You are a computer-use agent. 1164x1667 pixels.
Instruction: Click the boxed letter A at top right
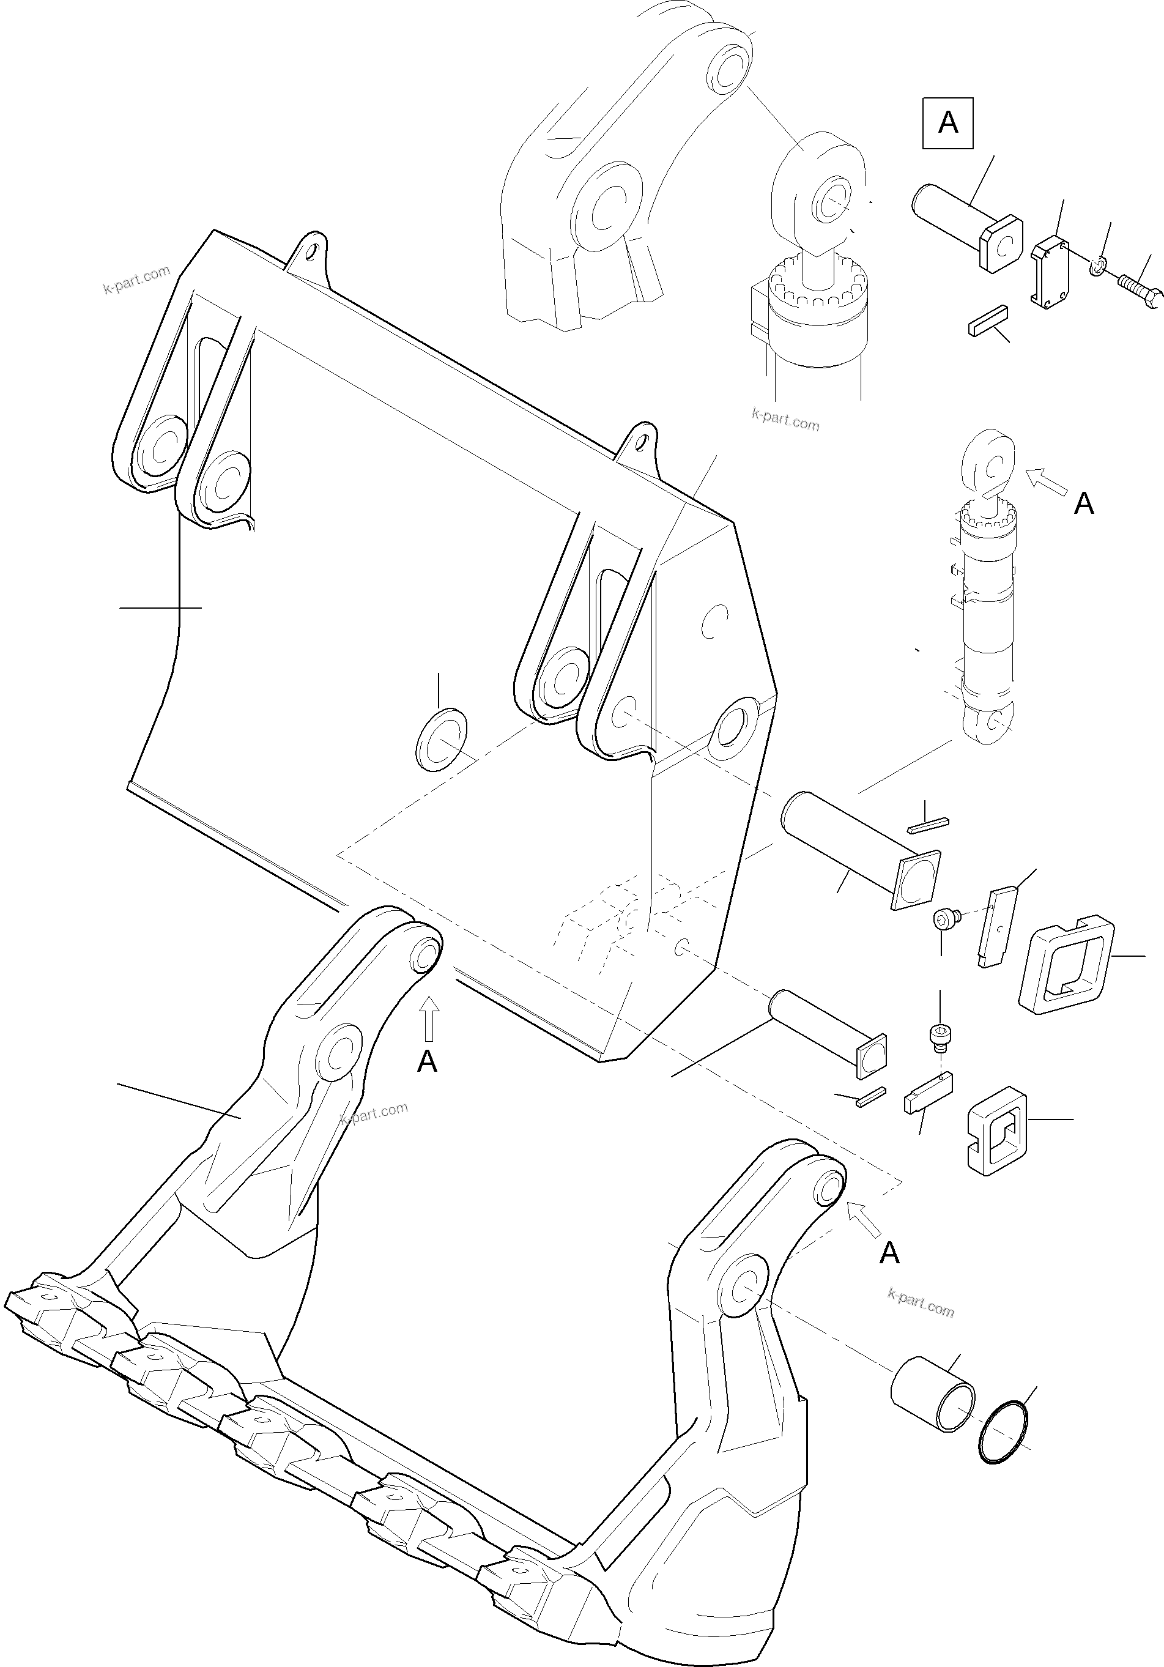tap(947, 124)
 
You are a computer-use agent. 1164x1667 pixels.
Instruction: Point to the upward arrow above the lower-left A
tap(429, 1018)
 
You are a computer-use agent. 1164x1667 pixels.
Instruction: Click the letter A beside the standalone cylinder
tap(1083, 503)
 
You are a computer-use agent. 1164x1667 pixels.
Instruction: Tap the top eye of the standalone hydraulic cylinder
tap(988, 462)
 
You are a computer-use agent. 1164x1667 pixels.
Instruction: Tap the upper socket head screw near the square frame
tap(944, 920)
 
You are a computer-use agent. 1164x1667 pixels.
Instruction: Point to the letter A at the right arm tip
tap(889, 1253)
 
